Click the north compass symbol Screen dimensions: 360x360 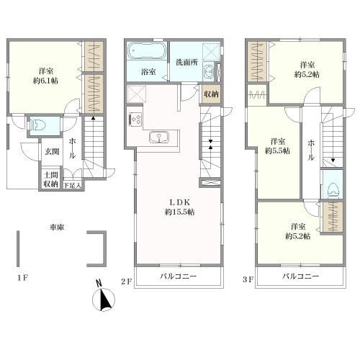coord(104,297)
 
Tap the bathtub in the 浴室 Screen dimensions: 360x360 coord(147,51)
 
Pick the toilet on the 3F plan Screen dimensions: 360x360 coord(333,189)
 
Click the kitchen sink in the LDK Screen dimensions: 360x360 coord(159,137)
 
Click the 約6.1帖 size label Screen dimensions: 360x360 coord(45,81)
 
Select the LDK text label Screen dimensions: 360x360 coord(180,202)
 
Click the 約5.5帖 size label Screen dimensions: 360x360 coord(277,150)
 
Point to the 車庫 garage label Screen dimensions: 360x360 coord(57,227)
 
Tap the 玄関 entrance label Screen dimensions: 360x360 coord(52,151)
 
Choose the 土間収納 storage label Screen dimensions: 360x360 coord(50,179)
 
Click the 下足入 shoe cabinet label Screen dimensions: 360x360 coord(72,185)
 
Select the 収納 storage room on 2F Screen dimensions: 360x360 coord(211,94)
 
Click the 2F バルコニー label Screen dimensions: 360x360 coord(179,276)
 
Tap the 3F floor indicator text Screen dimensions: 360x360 coord(248,279)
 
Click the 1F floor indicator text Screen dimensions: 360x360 coord(23,278)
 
